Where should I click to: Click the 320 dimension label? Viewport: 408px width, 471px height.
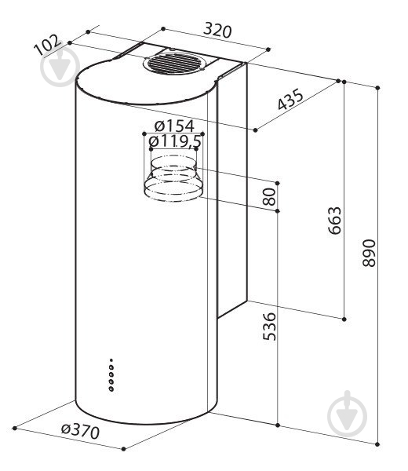(x=217, y=31)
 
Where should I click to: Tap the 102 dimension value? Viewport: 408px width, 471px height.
(x=47, y=45)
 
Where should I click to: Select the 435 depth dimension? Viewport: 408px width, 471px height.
(x=290, y=100)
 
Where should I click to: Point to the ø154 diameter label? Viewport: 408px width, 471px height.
(x=174, y=126)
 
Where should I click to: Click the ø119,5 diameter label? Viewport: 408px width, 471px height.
(x=175, y=141)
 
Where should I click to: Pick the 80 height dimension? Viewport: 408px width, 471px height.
(x=269, y=197)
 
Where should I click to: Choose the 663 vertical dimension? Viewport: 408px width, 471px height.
(x=335, y=220)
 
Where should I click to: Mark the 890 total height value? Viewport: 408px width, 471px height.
(x=369, y=253)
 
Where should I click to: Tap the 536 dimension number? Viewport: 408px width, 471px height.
(x=269, y=327)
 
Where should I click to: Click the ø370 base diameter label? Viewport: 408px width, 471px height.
(x=80, y=432)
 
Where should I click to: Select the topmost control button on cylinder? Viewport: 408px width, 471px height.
(x=111, y=360)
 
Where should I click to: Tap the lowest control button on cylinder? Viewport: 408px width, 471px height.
(x=111, y=389)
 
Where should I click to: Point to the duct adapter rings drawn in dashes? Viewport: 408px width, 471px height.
(x=173, y=178)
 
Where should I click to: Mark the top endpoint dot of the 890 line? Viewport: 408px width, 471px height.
(x=377, y=88)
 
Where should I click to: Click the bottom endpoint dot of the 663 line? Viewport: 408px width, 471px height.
(x=344, y=319)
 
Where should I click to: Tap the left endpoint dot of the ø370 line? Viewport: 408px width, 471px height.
(x=14, y=428)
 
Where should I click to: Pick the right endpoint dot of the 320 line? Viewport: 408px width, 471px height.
(x=268, y=49)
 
